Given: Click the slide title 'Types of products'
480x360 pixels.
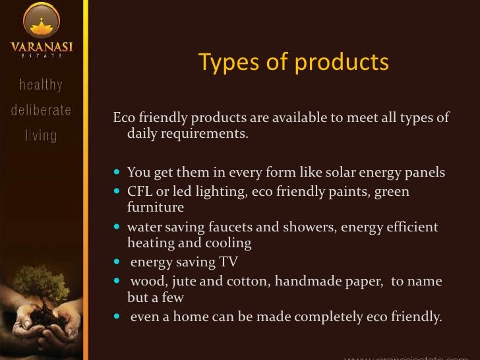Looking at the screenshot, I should click(x=293, y=62).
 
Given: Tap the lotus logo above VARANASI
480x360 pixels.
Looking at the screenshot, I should click(x=42, y=20).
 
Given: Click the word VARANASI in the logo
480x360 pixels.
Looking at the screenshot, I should click(x=41, y=47).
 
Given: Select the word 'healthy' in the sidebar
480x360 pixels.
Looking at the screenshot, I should click(x=41, y=85).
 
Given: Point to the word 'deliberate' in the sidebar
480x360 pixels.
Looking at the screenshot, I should click(x=41, y=110).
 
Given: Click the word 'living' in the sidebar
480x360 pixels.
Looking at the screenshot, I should click(x=41, y=136).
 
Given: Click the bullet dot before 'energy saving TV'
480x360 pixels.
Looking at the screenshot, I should click(x=117, y=262).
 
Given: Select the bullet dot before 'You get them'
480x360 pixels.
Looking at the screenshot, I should click(x=117, y=174).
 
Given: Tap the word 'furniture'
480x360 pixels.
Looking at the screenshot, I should click(x=156, y=207).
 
